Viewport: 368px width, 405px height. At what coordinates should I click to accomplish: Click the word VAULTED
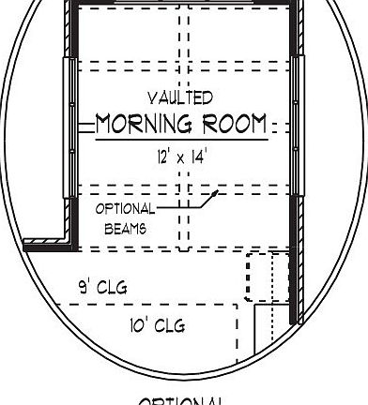(x=181, y=97)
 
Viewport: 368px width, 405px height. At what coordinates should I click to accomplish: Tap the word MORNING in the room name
(x=141, y=124)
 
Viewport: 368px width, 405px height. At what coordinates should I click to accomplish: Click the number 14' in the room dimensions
(x=198, y=158)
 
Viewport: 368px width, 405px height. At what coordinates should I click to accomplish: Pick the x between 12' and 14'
(x=180, y=159)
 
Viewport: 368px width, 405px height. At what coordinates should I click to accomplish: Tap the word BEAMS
(x=125, y=228)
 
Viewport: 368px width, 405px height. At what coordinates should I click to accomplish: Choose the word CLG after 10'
(x=170, y=325)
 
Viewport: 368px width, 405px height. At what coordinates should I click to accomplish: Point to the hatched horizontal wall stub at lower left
(x=45, y=244)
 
